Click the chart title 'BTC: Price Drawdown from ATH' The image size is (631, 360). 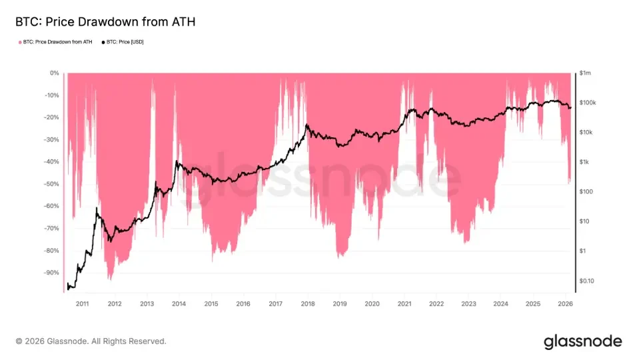[x=105, y=22]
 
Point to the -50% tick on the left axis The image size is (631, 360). [x=51, y=184]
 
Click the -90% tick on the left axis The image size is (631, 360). [x=51, y=273]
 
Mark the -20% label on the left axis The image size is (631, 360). [x=51, y=117]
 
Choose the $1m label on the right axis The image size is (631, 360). [x=586, y=73]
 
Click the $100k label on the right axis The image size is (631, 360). [x=588, y=103]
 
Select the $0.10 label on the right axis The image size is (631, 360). [x=587, y=281]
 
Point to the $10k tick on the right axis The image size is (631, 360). [x=586, y=133]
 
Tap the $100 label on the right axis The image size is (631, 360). [x=586, y=192]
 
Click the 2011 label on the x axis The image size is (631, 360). [x=82, y=304]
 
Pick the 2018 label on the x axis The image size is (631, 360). [x=307, y=304]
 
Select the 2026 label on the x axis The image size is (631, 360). [x=565, y=304]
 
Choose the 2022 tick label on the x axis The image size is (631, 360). [x=436, y=304]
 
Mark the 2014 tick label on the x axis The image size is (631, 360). [x=179, y=304]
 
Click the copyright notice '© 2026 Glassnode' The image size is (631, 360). [x=91, y=341]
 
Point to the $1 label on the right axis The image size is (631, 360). [x=583, y=251]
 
